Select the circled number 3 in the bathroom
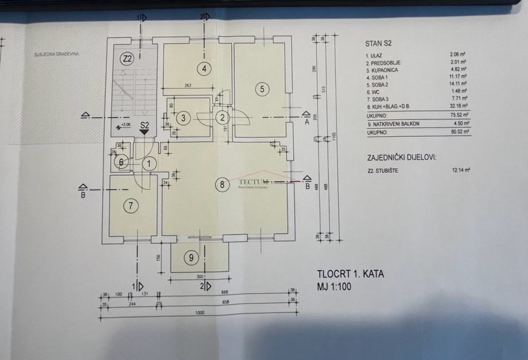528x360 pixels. pyautogui.click(x=183, y=118)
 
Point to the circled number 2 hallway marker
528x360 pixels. pyautogui.click(x=222, y=118)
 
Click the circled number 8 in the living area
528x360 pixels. pyautogui.click(x=222, y=184)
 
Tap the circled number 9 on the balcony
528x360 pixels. pyautogui.click(x=191, y=258)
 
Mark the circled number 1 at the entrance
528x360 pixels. pyautogui.click(x=149, y=164)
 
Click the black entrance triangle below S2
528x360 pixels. pyautogui.click(x=144, y=131)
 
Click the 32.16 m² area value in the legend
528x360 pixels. pyautogui.click(x=460, y=106)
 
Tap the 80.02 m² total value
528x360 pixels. pyautogui.click(x=460, y=131)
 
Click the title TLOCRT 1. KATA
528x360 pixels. pyautogui.click(x=350, y=274)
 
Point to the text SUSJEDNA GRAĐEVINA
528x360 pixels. pyautogui.click(x=56, y=55)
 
